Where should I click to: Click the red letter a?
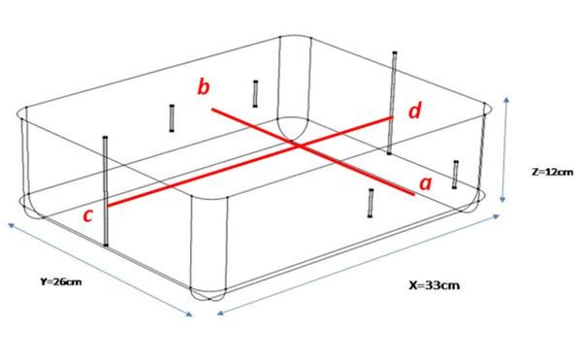coord(426,183)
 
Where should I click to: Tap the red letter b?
coord(204,86)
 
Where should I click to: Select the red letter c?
coord(87,215)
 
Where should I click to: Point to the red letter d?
coord(415,110)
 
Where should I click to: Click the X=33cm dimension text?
coord(434,285)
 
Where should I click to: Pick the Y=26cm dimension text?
coord(61,281)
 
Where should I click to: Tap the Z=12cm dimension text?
coord(553,172)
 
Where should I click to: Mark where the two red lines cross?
coord(300,147)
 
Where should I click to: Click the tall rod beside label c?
coord(106,191)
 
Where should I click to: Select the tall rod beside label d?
coord(392,103)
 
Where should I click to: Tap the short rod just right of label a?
coord(456,175)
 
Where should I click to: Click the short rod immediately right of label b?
coord(255,94)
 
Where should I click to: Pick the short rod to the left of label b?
coord(172,118)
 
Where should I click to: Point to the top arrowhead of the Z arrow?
coord(507,99)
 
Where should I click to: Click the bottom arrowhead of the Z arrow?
coord(502,200)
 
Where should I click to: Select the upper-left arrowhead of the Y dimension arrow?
coord(11,224)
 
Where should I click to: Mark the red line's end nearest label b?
coord(212,110)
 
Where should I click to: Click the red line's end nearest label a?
coord(413,194)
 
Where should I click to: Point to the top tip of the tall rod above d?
coord(395,52)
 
